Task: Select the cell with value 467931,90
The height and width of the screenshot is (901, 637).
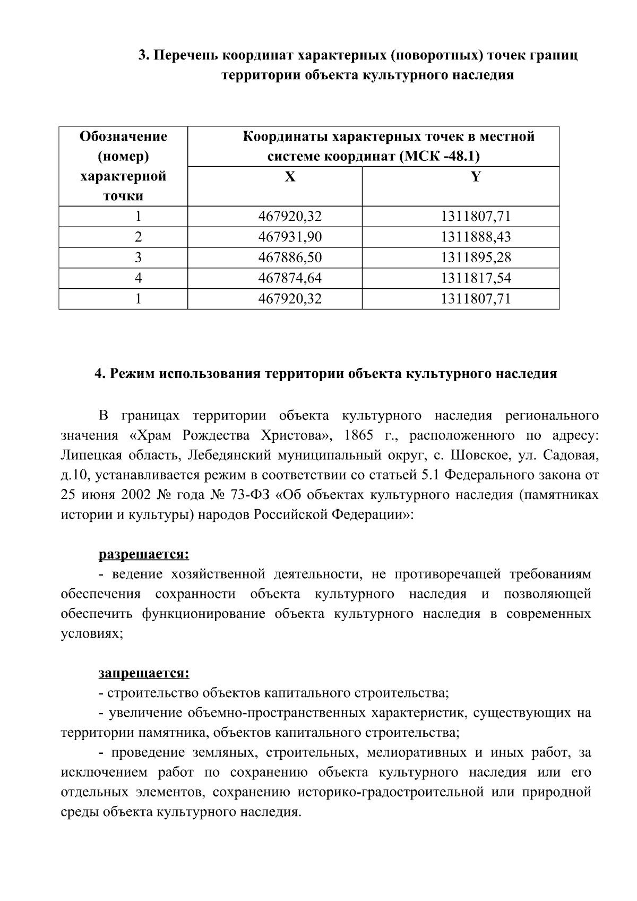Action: pos(290,237)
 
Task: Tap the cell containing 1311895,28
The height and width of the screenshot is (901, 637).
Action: pos(476,258)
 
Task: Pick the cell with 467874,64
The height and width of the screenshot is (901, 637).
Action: pos(290,278)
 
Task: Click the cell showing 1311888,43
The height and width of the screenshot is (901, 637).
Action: pos(476,237)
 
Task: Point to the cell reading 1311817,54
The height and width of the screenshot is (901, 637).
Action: pos(476,278)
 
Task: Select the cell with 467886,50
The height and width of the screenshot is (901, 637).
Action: pos(290,258)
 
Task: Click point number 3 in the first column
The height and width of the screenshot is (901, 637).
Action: pos(139,258)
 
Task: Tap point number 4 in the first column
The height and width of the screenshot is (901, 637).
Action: pos(139,278)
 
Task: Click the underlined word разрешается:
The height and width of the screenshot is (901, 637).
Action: pos(144,555)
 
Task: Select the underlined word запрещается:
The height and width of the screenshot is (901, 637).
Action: pos(144,673)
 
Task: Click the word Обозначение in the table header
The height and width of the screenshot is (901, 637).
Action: pos(123,137)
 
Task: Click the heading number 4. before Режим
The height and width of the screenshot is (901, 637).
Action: pos(100,374)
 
